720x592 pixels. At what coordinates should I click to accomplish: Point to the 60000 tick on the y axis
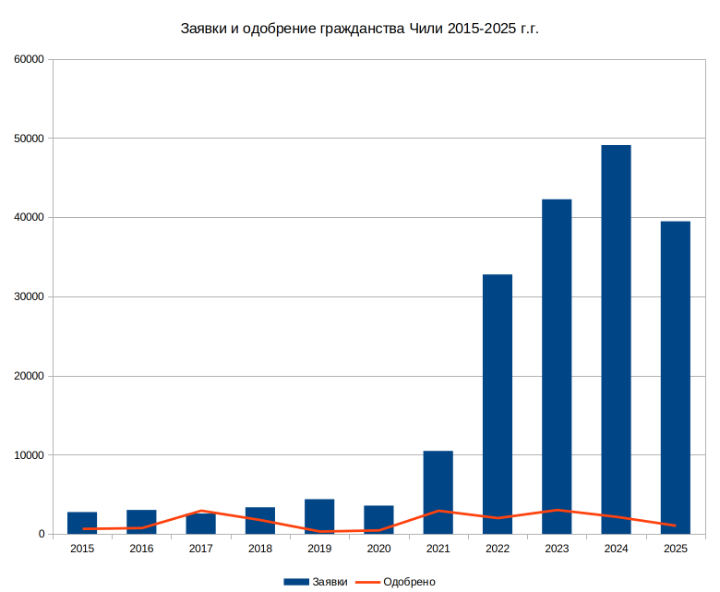30,59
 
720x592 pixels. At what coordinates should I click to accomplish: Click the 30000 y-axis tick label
30,296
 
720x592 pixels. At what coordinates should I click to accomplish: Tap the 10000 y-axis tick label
30,455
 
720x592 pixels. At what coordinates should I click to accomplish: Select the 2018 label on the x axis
260,550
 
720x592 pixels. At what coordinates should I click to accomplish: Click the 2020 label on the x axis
378,550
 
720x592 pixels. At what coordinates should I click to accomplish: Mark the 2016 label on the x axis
141,550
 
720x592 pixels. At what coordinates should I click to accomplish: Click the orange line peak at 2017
200,511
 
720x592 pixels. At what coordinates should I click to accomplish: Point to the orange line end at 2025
675,526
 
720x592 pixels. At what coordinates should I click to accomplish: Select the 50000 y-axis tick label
30,139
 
